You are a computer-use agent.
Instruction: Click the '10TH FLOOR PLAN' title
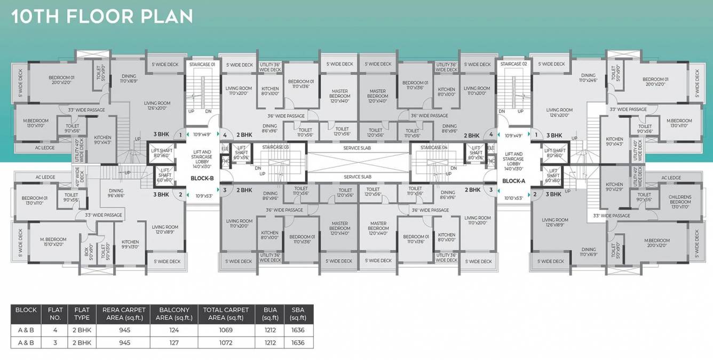(x=102, y=16)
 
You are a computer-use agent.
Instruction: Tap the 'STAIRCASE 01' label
(x=202, y=64)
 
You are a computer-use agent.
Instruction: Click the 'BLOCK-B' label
(x=202, y=179)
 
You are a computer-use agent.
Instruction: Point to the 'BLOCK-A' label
(x=513, y=181)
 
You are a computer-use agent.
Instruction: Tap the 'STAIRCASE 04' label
(x=433, y=147)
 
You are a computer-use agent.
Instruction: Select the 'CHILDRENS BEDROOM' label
(x=680, y=199)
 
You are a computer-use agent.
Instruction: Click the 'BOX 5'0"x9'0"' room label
(x=87, y=251)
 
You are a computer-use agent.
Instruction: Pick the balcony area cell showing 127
(x=174, y=343)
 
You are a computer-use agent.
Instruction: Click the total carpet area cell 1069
(x=225, y=330)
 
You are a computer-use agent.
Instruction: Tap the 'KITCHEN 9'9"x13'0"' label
(x=130, y=244)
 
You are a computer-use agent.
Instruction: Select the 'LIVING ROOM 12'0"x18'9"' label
(x=164, y=229)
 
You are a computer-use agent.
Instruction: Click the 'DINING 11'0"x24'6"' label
(x=588, y=78)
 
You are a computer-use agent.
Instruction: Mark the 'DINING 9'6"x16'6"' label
(x=116, y=193)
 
